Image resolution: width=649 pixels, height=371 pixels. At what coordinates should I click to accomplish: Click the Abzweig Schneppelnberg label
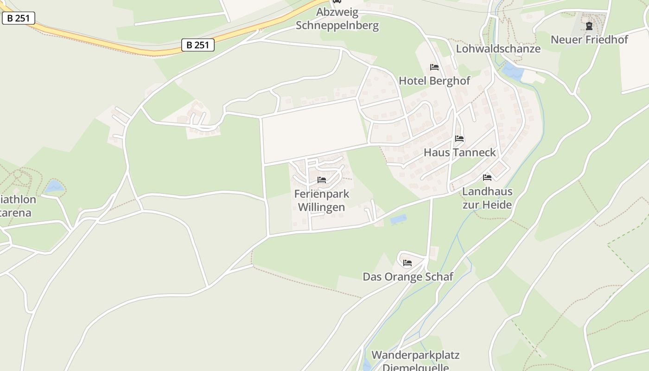(337, 19)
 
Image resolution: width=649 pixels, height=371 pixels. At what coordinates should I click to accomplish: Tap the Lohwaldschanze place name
(498, 49)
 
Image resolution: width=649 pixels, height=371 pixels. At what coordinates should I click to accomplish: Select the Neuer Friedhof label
(589, 39)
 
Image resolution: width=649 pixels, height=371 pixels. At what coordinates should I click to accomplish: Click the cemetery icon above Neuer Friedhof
(589, 26)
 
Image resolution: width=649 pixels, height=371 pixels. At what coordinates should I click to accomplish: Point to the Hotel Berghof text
(434, 81)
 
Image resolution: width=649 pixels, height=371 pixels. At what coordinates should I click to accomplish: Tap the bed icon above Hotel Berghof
(434, 67)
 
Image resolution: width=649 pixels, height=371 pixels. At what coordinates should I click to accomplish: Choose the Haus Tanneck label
(459, 152)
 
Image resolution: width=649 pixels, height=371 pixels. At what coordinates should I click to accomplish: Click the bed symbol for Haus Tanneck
(459, 139)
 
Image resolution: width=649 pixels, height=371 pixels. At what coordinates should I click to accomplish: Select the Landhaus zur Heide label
(487, 198)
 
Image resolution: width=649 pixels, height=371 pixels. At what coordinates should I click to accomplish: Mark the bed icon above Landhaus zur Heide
(487, 178)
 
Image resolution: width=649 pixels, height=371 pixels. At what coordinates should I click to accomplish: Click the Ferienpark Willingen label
(322, 200)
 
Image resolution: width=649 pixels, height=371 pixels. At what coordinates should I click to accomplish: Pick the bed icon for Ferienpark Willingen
(322, 180)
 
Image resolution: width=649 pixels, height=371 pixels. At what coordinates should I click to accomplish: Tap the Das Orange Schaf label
(407, 277)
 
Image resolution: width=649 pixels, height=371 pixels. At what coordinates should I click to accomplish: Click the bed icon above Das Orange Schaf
(407, 263)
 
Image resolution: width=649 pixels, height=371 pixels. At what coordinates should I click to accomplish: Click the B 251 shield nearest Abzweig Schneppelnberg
(197, 45)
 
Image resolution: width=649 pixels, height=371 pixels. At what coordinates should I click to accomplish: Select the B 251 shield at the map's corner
(19, 18)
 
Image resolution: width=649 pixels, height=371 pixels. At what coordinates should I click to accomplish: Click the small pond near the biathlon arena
(54, 186)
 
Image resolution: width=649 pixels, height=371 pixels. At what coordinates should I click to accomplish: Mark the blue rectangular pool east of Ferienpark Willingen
(398, 219)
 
